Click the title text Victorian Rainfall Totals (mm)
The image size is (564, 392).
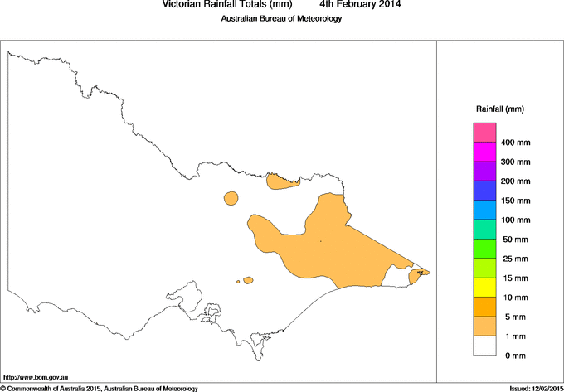tap(228, 5)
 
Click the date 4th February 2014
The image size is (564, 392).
tap(360, 5)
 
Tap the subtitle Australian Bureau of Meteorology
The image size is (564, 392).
tap(281, 19)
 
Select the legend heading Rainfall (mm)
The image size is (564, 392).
tap(499, 109)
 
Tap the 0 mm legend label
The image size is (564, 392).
tap(514, 356)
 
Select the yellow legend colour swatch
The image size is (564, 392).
tap(484, 288)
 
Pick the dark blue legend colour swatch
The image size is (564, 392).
tap(484, 191)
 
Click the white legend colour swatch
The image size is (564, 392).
tap(484, 346)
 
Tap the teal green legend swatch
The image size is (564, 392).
tap(484, 230)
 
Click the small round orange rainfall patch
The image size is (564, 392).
tap(231, 198)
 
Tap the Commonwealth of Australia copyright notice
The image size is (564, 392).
tap(100, 388)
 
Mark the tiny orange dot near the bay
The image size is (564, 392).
tap(238, 282)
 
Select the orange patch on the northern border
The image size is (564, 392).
tap(284, 181)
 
